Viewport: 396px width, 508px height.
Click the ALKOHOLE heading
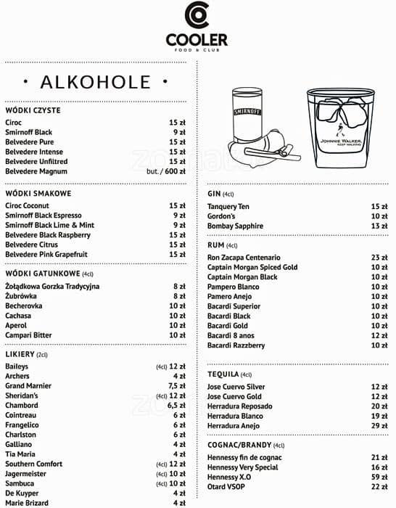coord(95,81)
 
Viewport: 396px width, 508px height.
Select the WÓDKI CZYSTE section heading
coord(33,110)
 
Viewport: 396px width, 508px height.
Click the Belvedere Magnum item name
coord(36,172)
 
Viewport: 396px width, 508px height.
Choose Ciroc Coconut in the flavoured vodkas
coord(28,206)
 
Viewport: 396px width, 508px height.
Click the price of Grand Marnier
coord(177,386)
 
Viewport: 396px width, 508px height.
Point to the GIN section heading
coord(214,194)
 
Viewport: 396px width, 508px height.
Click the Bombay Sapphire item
coord(235,226)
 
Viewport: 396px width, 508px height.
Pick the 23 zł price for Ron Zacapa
coord(379,258)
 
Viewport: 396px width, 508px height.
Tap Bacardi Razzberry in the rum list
coord(236,345)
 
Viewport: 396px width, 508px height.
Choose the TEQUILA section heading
coord(223,374)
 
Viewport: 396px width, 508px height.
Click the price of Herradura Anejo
coord(379,426)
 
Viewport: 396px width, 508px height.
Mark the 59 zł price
coord(379,478)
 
